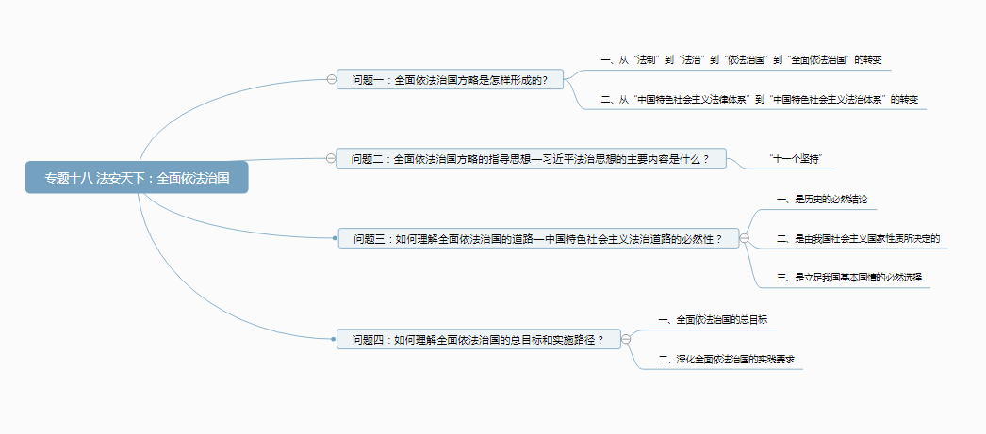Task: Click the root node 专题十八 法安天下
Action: (138, 177)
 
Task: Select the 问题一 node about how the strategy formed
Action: (450, 80)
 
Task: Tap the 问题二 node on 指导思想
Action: (530, 158)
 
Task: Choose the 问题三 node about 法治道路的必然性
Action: (537, 239)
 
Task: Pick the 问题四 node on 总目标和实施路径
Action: (478, 339)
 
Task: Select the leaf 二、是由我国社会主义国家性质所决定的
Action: (858, 239)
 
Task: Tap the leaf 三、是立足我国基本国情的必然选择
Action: (848, 278)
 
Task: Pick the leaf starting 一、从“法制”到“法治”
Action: (741, 59)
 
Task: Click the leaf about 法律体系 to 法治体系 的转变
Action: (759, 99)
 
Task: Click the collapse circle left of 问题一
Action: (331, 80)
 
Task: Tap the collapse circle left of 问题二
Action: (331, 158)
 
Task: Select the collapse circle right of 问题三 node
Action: (745, 239)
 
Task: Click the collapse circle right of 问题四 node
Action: (626, 339)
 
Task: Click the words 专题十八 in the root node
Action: (67, 177)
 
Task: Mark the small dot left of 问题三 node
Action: (336, 239)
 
